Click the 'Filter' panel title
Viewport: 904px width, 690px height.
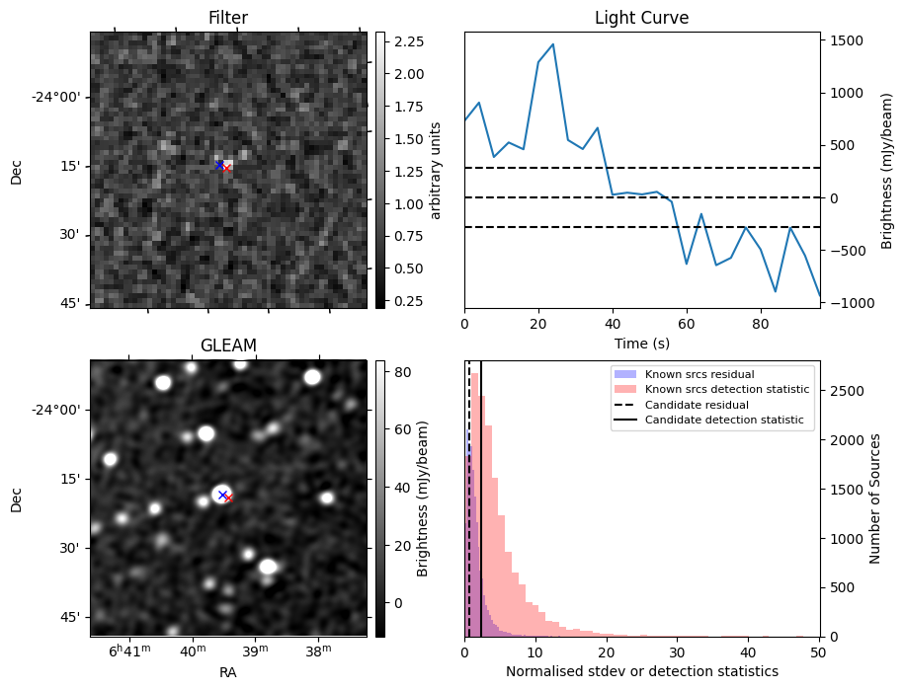(227, 18)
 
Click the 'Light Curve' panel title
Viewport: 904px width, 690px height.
(641, 18)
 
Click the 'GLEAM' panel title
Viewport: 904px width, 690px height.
(227, 345)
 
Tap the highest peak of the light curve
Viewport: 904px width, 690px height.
(552, 44)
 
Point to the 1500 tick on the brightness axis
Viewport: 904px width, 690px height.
(845, 40)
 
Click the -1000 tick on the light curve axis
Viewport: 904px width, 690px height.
(845, 303)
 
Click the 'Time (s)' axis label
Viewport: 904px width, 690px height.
(641, 341)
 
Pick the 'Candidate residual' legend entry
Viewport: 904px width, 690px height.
(692, 405)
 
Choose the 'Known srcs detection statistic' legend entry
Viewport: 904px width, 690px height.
(726, 390)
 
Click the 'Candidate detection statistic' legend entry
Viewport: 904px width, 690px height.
(723, 421)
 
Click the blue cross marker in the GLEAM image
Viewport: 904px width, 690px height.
(222, 495)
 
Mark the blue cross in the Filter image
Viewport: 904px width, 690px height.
(219, 165)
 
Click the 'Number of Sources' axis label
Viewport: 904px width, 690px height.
(875, 498)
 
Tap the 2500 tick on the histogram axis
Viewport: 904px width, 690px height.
(845, 391)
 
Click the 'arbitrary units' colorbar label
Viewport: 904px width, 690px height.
(436, 170)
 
